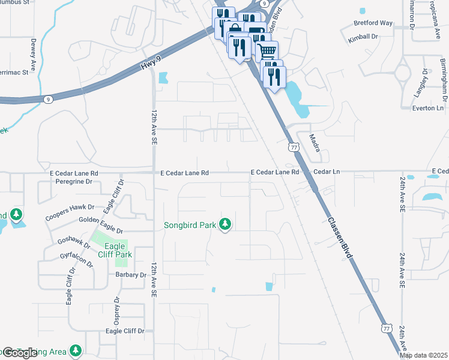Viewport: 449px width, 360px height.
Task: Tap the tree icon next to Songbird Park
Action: (x=225, y=224)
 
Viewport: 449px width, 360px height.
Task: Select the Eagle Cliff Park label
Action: (x=114, y=250)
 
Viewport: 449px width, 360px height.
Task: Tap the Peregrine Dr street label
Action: (x=71, y=181)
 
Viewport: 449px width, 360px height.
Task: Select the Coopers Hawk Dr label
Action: (x=71, y=211)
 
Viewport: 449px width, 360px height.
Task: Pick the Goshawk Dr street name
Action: (x=73, y=244)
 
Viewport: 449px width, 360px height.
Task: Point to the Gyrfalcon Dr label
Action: (x=76, y=260)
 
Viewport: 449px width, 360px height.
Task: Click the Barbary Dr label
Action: (x=130, y=275)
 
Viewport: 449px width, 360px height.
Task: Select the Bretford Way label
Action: (x=373, y=23)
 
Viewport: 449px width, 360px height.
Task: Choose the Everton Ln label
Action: (x=427, y=108)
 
